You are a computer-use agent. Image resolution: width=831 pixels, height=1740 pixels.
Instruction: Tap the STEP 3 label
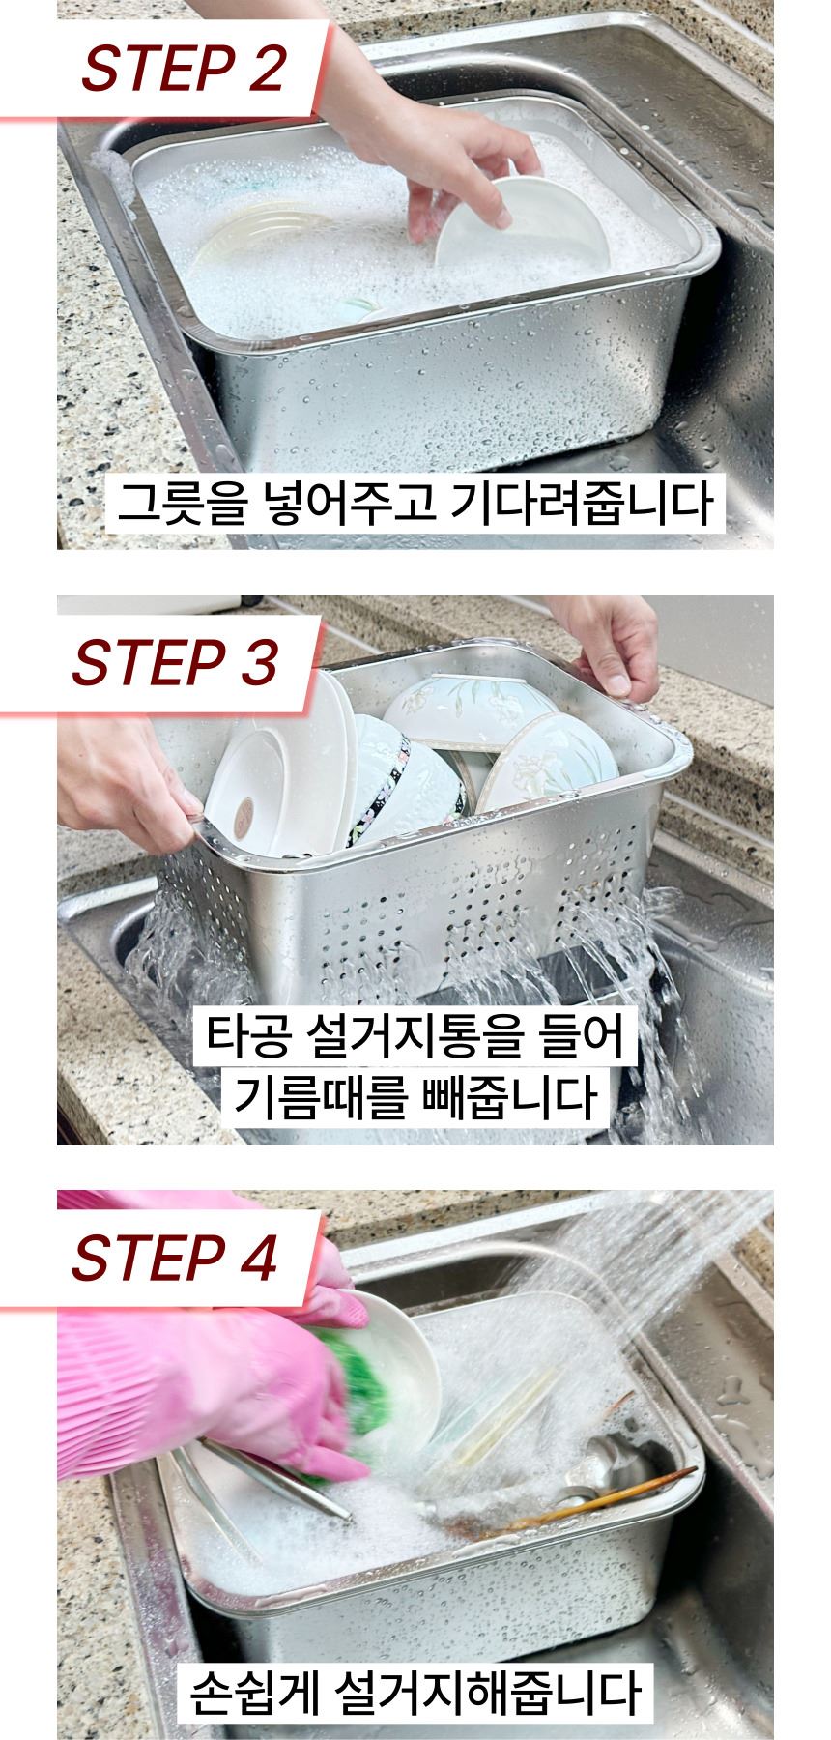(175, 662)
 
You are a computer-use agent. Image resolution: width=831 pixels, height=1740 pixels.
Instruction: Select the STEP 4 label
(175, 1257)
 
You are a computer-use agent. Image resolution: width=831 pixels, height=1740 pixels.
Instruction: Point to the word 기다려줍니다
(582, 505)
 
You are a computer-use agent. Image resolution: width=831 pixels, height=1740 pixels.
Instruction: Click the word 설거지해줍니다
(488, 1690)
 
